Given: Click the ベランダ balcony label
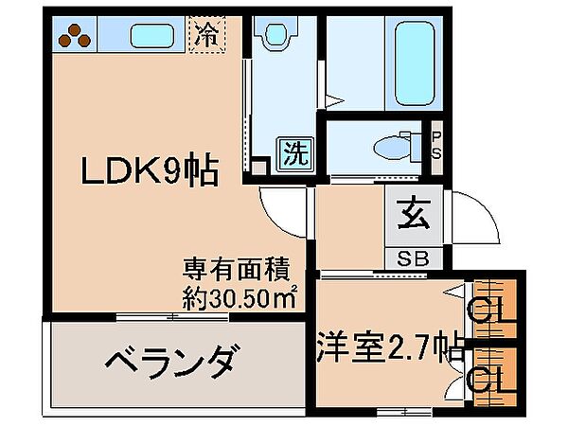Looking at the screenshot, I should tap(170, 362).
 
